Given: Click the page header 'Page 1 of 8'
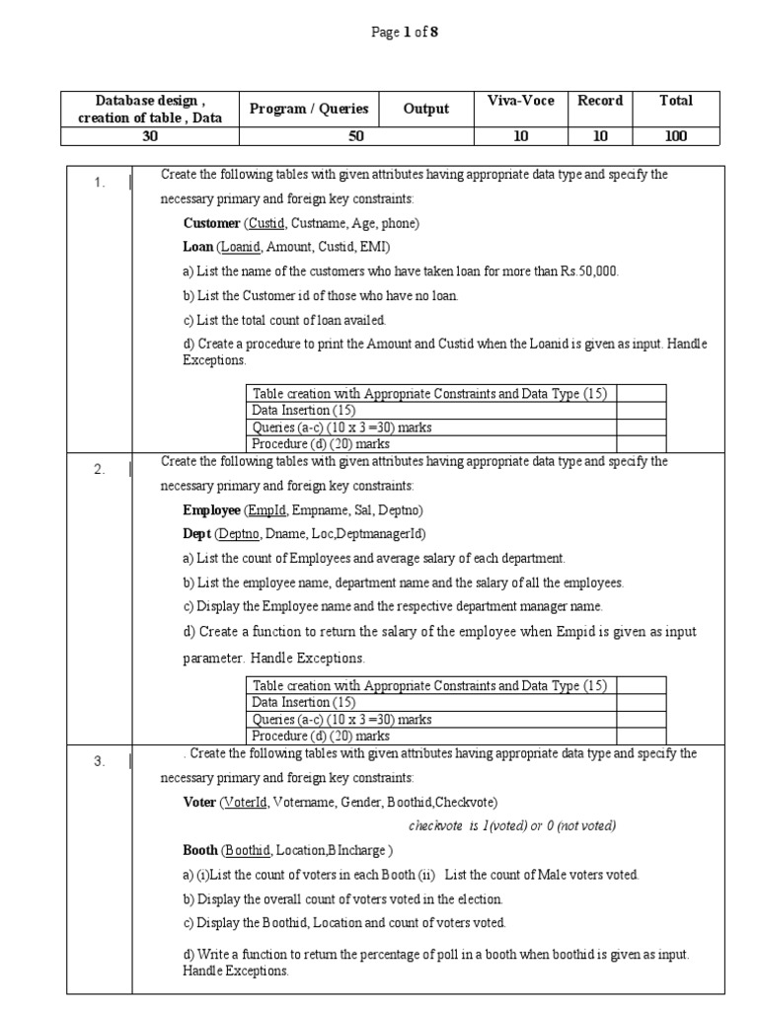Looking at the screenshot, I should (404, 33).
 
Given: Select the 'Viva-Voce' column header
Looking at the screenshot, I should (521, 101).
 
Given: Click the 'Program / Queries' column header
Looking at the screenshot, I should (309, 109).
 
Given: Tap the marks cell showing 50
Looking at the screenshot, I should (356, 136).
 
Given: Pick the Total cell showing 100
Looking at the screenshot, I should (676, 136).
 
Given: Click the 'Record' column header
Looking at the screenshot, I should (600, 101).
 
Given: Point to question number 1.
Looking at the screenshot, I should (100, 183).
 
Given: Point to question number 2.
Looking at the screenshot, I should (100, 469).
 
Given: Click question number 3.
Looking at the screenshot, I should (100, 761).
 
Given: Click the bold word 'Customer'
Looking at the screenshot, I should (211, 224).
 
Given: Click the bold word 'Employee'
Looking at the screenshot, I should (211, 510).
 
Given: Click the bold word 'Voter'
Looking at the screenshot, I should (199, 803).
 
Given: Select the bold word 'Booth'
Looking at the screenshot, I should (200, 850).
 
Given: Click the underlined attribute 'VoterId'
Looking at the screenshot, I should (245, 803).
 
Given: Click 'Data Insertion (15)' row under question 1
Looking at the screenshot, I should (301, 410).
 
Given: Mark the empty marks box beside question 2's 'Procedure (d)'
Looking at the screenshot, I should (643, 736).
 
